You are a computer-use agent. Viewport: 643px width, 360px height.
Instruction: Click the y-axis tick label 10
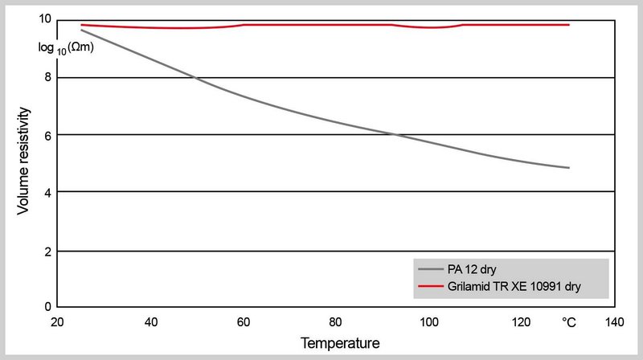click(x=45, y=19)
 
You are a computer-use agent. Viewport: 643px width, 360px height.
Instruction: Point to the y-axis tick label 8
click(x=48, y=77)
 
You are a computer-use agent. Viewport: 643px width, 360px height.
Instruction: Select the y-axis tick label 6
click(x=48, y=134)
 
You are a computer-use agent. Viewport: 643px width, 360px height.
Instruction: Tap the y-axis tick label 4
click(x=48, y=192)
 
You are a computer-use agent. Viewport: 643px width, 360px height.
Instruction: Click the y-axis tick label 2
click(x=48, y=252)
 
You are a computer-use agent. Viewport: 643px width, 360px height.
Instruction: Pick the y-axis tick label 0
click(x=48, y=307)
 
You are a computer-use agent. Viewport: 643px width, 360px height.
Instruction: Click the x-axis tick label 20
click(x=57, y=322)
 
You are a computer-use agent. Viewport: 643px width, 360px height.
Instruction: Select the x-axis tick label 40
click(x=150, y=322)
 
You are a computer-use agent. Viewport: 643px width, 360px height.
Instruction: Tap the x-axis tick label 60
click(x=243, y=322)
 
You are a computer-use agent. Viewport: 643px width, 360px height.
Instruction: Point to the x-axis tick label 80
click(x=336, y=322)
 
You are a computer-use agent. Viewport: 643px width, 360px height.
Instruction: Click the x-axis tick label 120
click(x=522, y=322)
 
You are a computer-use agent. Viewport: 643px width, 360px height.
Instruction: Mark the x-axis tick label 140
click(x=615, y=322)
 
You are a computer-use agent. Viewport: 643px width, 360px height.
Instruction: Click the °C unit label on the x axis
click(x=568, y=322)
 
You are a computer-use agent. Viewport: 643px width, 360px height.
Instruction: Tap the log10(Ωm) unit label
click(x=67, y=48)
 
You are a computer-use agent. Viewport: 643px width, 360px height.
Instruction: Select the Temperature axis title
click(x=340, y=343)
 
